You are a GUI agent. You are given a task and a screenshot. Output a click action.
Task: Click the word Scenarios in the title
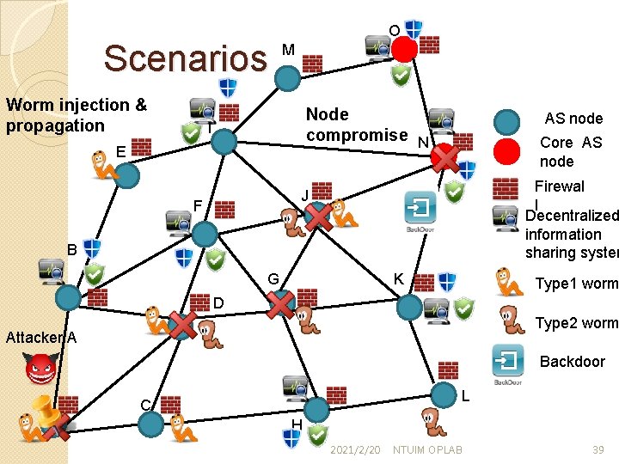click(186, 58)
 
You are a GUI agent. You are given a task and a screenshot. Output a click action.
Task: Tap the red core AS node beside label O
click(405, 49)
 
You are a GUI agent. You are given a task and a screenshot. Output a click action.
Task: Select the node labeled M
click(287, 78)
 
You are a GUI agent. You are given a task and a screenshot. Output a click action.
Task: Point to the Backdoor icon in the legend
click(508, 362)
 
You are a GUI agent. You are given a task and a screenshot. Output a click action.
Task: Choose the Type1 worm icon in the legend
click(510, 283)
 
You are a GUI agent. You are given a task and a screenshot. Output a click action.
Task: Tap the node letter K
click(398, 278)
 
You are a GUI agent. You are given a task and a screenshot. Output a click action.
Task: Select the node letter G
click(273, 279)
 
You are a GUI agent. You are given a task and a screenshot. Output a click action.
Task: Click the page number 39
click(598, 450)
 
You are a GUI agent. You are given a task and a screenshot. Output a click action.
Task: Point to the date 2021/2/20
click(355, 450)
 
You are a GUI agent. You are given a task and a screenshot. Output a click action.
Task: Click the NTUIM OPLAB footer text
click(426, 450)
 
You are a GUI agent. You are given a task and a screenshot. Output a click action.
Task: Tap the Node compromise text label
click(356, 125)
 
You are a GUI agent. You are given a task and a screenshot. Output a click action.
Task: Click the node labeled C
click(151, 423)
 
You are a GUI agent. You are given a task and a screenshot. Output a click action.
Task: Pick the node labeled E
click(127, 175)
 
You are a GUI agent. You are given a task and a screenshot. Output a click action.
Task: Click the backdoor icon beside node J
click(421, 209)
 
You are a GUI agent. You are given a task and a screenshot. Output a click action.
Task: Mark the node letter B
click(73, 250)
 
